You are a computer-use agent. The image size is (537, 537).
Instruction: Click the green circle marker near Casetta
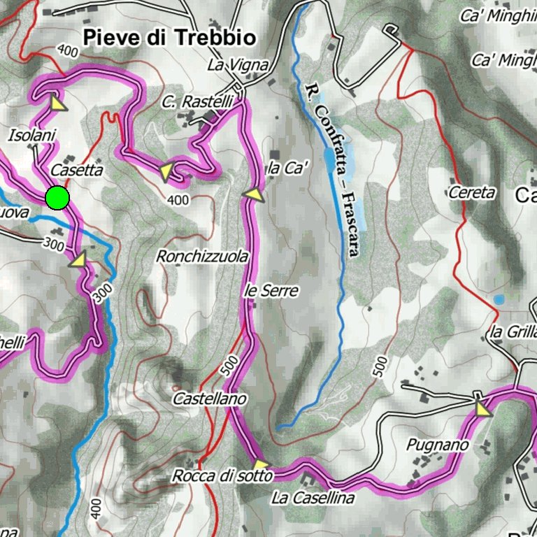tap(57, 198)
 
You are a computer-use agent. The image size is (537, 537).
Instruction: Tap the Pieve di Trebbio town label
tap(169, 37)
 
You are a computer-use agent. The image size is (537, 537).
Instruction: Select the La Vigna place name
tap(238, 65)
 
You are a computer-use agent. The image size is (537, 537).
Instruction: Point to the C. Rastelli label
tap(196, 102)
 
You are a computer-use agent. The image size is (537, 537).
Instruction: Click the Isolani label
tap(32, 135)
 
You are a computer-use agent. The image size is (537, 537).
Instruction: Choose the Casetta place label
tap(77, 170)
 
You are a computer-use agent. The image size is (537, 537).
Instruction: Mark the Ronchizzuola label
tap(202, 257)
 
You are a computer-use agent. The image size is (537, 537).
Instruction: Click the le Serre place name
tap(271, 290)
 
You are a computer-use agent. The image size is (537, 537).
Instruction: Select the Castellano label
tap(210, 399)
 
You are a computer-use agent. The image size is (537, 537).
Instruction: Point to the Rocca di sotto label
tap(222, 476)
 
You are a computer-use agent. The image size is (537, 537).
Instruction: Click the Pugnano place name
tap(438, 444)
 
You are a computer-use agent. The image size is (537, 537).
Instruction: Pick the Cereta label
tap(472, 192)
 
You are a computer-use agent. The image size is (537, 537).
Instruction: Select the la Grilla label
tap(513, 332)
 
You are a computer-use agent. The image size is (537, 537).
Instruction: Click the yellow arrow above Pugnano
tap(481, 408)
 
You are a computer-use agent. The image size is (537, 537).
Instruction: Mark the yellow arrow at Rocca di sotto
tap(260, 464)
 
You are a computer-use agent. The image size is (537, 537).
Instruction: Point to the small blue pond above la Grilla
tap(499, 299)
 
